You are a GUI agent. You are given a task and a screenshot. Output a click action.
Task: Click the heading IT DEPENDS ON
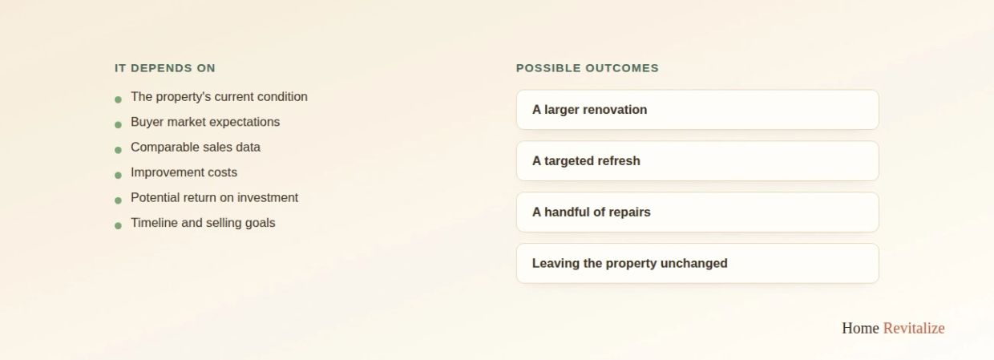(165, 68)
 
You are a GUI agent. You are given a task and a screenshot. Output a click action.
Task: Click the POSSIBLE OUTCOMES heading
(588, 68)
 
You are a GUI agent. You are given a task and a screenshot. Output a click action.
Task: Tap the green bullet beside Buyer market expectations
(118, 125)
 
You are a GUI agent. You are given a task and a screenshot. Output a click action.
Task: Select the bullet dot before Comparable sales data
(118, 150)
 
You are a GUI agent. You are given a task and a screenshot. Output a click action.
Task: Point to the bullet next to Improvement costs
(118, 176)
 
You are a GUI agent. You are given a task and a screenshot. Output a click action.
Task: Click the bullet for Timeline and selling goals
(118, 226)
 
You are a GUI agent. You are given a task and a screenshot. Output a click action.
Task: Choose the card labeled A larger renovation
(697, 110)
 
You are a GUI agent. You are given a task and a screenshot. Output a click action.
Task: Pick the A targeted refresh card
(697, 160)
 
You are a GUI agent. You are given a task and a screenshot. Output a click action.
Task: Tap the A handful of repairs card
(697, 212)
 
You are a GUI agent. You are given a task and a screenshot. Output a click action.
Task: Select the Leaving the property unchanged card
(697, 263)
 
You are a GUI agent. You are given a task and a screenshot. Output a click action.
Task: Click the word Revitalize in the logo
(914, 328)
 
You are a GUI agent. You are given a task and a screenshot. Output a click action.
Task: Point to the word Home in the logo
(860, 328)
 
